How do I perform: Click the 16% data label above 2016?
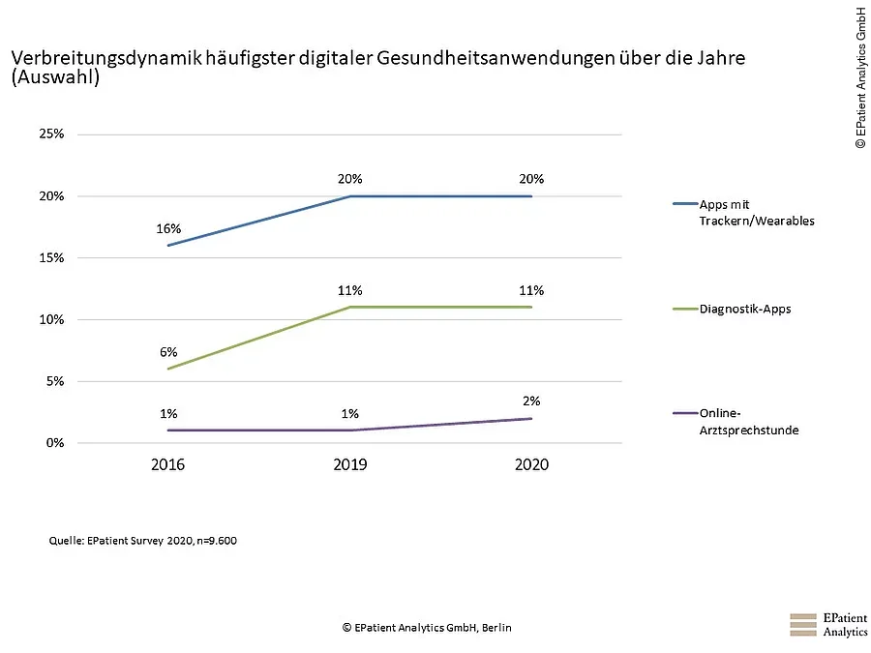click(168, 229)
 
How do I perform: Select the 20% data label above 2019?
click(349, 179)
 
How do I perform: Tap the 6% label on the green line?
click(168, 352)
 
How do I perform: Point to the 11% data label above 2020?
click(530, 290)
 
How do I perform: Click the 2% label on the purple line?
click(530, 401)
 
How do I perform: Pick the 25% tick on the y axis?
click(50, 134)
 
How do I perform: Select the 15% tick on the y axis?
click(50, 258)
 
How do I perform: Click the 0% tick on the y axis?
click(53, 443)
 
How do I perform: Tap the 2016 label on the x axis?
click(168, 465)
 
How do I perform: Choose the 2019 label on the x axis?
click(349, 465)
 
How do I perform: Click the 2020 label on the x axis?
click(531, 465)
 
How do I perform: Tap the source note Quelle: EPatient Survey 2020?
click(142, 541)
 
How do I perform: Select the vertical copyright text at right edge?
click(858, 77)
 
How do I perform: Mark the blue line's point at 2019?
click(349, 196)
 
